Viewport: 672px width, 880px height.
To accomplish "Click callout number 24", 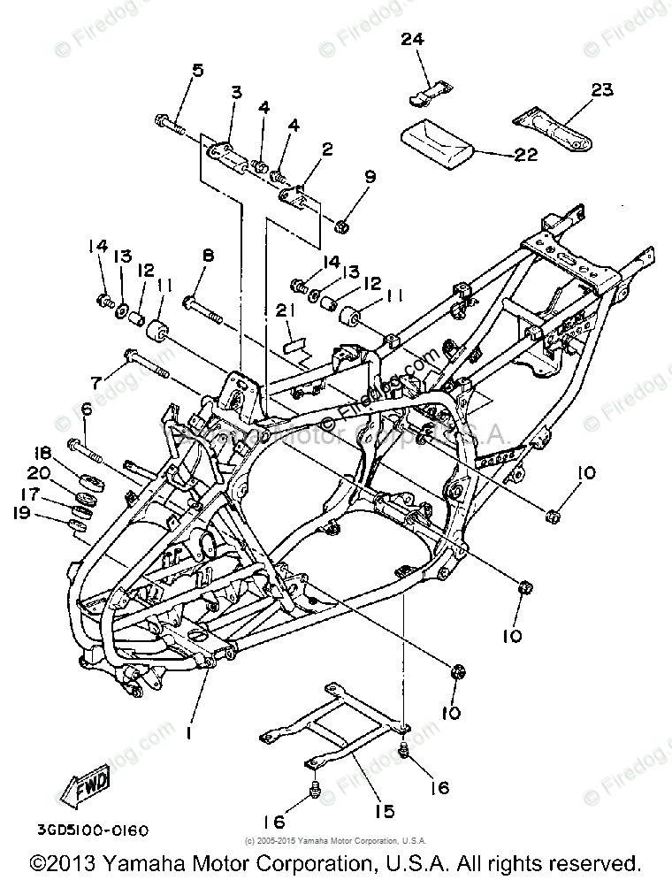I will [412, 40].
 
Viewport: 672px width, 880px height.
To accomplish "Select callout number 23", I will [601, 90].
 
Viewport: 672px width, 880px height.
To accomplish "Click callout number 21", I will [284, 309].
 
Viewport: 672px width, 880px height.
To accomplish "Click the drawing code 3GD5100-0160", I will [92, 830].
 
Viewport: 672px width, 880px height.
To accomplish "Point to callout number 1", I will [188, 732].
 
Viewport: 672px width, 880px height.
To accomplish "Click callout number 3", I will [237, 92].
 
